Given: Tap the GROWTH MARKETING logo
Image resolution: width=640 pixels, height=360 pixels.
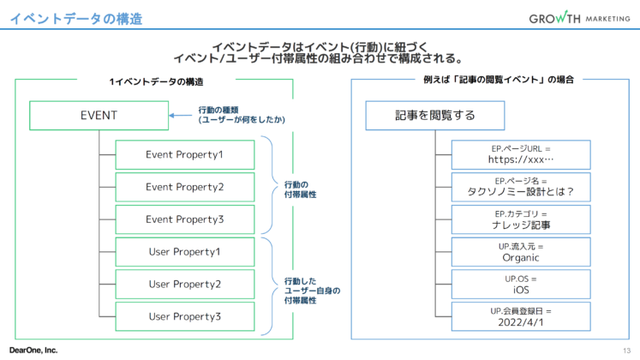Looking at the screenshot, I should pos(578,18).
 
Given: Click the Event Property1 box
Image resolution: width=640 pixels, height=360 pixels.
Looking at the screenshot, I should pos(184,154).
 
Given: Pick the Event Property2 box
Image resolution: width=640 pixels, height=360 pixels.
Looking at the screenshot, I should pos(184,187).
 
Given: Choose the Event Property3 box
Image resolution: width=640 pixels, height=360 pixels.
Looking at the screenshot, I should pos(184,219).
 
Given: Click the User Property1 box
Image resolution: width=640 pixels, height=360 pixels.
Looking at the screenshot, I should pos(184,252).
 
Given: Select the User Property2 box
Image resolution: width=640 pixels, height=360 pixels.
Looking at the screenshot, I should pos(184,284).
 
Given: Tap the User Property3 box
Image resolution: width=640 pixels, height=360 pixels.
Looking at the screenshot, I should pos(184,316).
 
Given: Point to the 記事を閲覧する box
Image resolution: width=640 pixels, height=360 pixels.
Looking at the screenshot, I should pos(434,115).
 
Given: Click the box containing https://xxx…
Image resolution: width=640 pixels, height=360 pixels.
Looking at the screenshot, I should pos(521,154).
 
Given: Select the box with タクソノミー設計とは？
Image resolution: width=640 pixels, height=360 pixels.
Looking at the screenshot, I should pos(521,187).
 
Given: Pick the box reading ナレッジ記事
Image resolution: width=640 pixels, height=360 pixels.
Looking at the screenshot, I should pos(521,219).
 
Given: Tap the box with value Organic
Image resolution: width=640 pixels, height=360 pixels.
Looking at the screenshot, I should pos(521,252).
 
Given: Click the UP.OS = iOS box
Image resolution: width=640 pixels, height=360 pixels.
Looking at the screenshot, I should pos(521,284).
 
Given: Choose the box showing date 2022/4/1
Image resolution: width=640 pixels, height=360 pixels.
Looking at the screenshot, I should pos(521,316).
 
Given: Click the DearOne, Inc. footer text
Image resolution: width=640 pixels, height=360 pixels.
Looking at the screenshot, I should pos(33,350).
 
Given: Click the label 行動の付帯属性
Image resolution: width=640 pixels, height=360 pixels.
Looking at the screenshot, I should pos(300,189).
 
